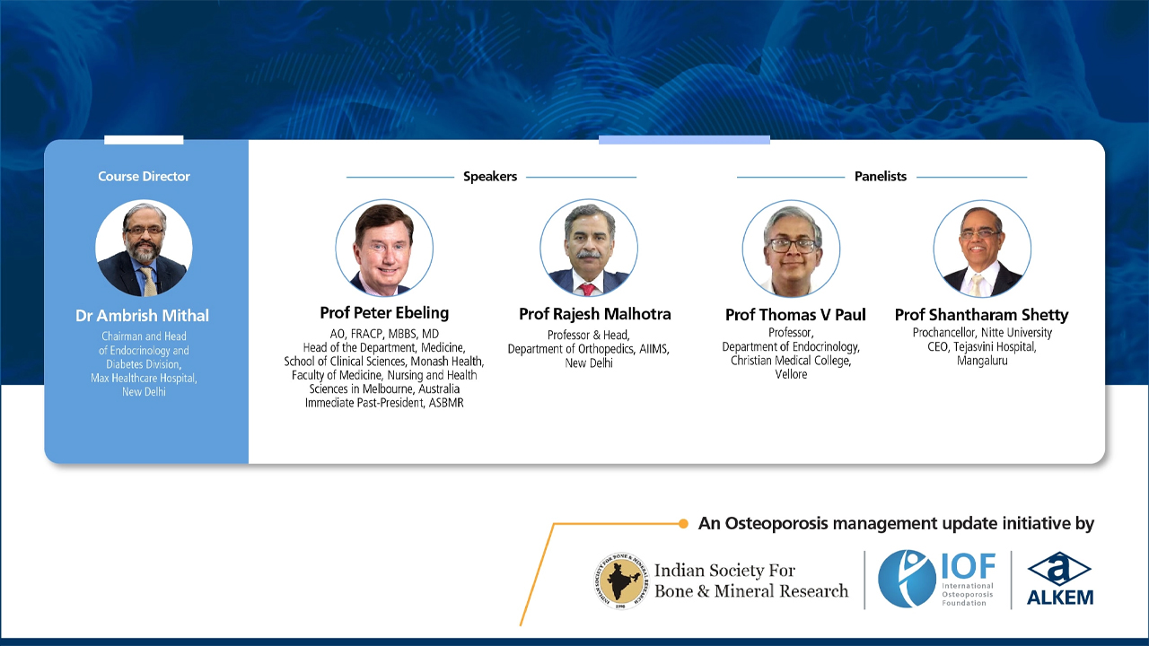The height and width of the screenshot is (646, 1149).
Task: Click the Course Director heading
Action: point(144,177)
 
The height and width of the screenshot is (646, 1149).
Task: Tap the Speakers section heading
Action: point(490,177)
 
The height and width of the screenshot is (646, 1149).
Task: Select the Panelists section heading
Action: point(881,177)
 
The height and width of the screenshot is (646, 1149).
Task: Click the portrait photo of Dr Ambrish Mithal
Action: point(144,249)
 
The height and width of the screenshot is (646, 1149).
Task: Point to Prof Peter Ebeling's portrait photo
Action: point(384,249)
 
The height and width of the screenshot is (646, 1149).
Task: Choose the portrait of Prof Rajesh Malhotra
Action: point(589,249)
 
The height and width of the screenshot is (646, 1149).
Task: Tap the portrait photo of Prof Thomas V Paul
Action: point(791,249)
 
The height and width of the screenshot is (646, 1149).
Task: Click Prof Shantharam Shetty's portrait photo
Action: point(982,249)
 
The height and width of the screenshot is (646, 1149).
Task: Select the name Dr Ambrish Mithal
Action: point(143,316)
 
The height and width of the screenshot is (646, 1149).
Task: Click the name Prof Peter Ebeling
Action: point(384,313)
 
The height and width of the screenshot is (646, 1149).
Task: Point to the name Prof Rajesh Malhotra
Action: point(594,314)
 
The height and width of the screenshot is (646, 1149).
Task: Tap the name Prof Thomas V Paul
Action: point(795,315)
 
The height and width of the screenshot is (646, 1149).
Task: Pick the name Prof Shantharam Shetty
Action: point(981,315)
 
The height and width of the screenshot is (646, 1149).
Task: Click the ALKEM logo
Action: point(1059,579)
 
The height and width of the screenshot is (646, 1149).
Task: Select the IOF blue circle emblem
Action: point(908,579)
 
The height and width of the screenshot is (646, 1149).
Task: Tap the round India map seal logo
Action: point(620,580)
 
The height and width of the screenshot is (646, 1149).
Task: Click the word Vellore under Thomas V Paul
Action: point(791,374)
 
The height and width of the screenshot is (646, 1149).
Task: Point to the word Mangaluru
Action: point(981,361)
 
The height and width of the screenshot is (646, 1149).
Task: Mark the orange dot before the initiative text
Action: point(682,523)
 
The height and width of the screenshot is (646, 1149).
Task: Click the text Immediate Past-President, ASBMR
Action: point(384,403)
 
